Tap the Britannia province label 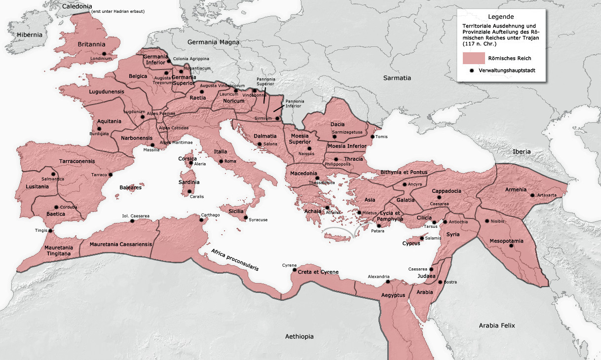pyautogui.click(x=92, y=44)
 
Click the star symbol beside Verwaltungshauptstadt pyautogui.click(x=472, y=71)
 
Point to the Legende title pyautogui.click(x=501, y=16)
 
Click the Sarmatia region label pyautogui.click(x=397, y=78)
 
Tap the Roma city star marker pyautogui.click(x=221, y=161)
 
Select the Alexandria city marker pyautogui.click(x=388, y=282)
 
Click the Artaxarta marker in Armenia pyautogui.click(x=532, y=195)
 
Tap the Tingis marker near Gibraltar pyautogui.click(x=50, y=230)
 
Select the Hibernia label pyautogui.click(x=30, y=35)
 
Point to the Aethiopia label pyautogui.click(x=299, y=336)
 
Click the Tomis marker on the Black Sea pyautogui.click(x=373, y=137)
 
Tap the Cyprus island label pyautogui.click(x=411, y=243)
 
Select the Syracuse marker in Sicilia pyautogui.click(x=246, y=216)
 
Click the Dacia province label pyautogui.click(x=338, y=125)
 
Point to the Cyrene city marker pyautogui.click(x=295, y=270)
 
